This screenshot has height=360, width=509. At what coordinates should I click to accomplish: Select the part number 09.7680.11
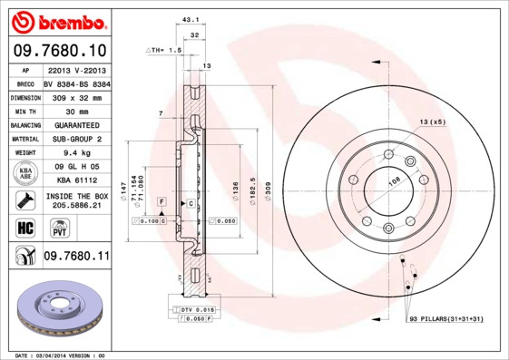click(x=75, y=258)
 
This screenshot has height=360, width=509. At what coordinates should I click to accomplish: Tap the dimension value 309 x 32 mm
click(x=75, y=97)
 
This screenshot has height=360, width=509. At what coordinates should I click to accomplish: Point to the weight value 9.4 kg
click(x=75, y=153)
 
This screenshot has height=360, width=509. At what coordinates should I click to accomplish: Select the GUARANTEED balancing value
click(x=75, y=125)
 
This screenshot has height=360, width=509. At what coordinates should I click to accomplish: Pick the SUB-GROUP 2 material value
click(x=75, y=139)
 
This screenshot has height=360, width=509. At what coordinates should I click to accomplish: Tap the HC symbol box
click(x=24, y=228)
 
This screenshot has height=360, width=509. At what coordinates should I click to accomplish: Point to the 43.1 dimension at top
click(x=190, y=19)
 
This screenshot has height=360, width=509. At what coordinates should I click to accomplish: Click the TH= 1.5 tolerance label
click(x=165, y=51)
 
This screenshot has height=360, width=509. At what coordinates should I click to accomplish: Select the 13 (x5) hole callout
click(x=433, y=122)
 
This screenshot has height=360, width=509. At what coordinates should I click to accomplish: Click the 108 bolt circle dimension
click(x=369, y=182)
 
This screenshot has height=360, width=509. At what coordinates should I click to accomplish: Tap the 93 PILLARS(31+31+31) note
click(x=445, y=319)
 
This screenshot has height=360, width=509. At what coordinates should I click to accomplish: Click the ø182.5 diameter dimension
click(x=252, y=190)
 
